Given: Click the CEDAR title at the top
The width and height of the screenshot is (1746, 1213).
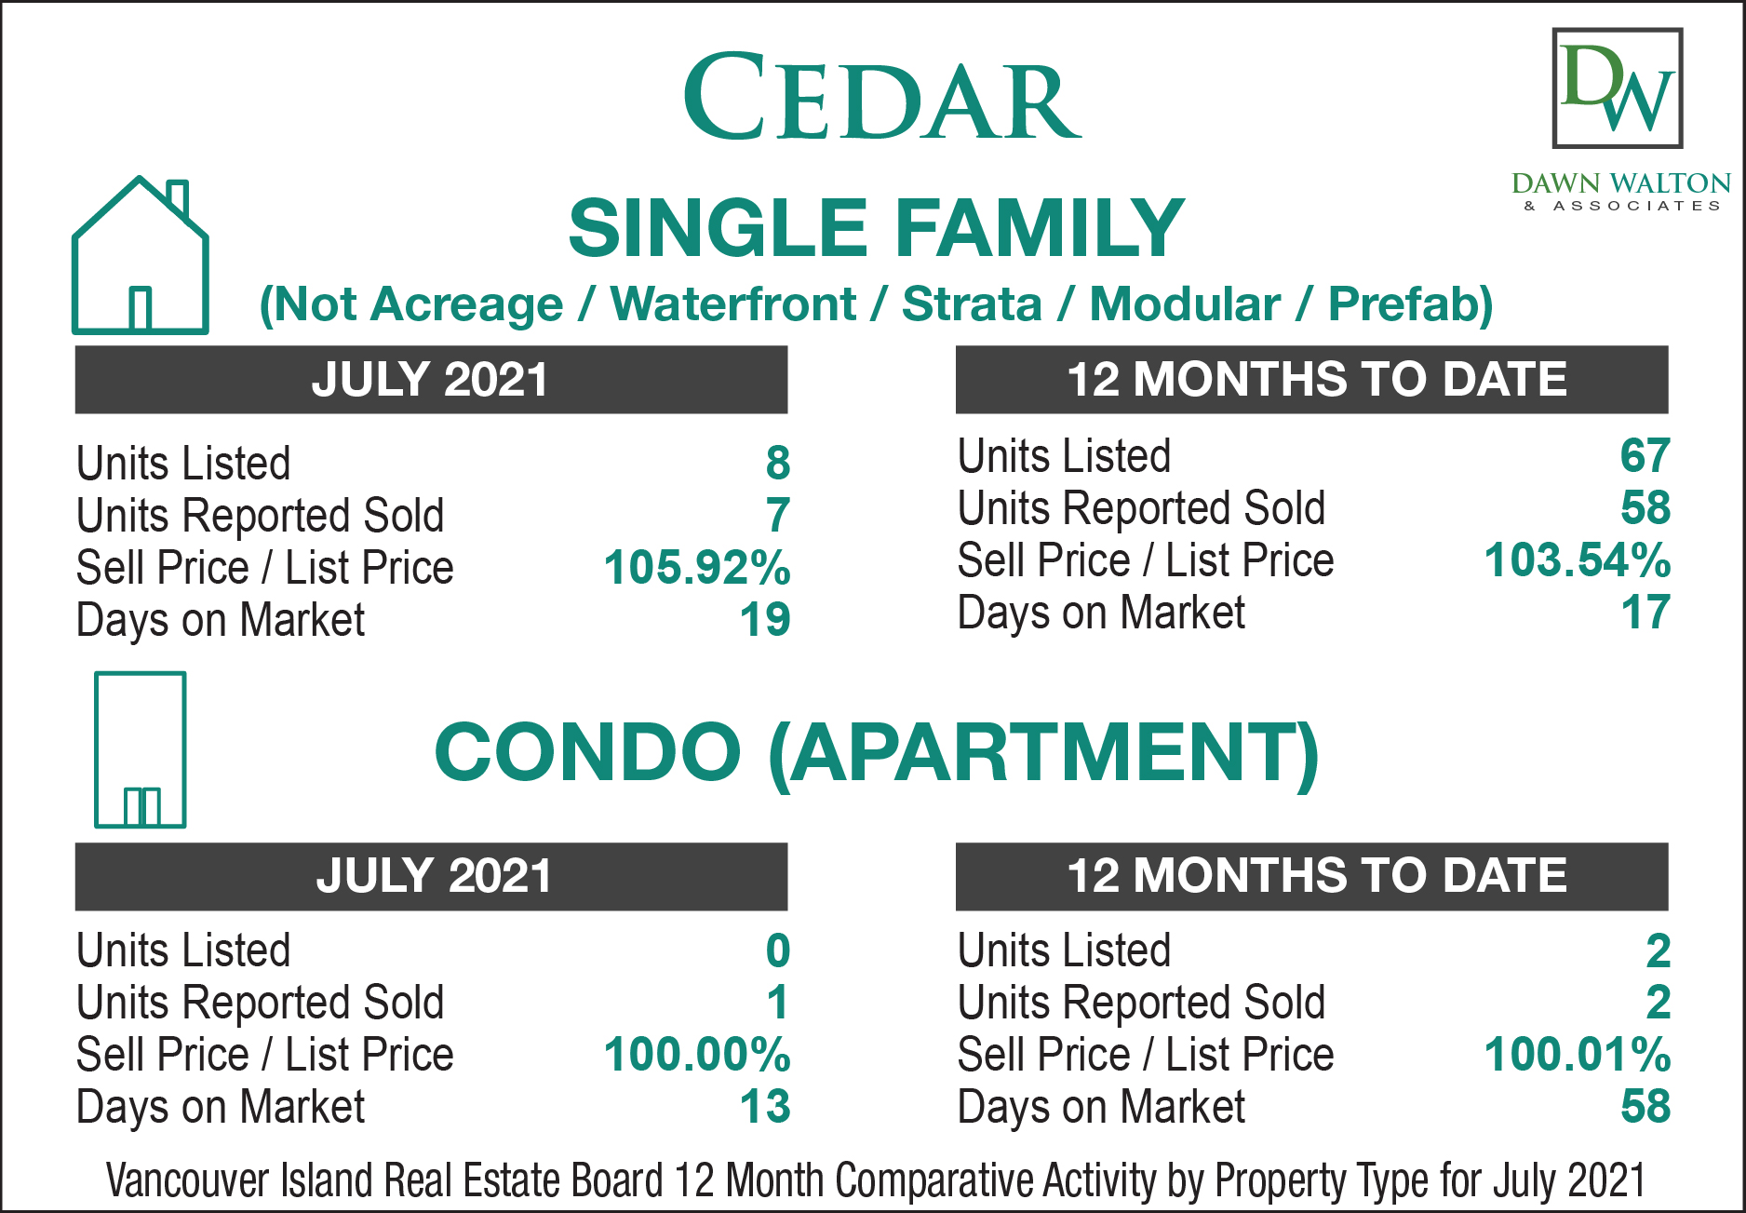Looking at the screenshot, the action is (x=881, y=97).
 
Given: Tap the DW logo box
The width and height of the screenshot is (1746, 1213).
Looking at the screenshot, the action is (x=1618, y=88).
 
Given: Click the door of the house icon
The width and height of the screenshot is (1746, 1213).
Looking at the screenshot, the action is (x=141, y=308).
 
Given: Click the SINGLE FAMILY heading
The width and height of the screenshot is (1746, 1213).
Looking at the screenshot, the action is (x=876, y=228).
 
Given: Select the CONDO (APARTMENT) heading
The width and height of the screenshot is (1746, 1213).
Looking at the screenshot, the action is (x=876, y=752).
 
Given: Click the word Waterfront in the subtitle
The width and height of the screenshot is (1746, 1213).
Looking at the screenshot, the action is (x=732, y=304).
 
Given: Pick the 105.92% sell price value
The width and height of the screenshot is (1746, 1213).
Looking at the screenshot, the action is (x=697, y=567).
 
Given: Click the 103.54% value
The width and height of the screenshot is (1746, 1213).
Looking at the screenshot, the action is (x=1578, y=559).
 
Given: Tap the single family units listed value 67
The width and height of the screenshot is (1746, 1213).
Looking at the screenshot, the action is (x=1645, y=455).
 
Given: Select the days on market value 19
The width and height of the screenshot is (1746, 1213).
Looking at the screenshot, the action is (x=765, y=619).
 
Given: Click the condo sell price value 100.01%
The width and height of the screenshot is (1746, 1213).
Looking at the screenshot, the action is (x=1578, y=1054).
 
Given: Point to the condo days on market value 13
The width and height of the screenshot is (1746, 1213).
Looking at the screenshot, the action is (x=765, y=1106).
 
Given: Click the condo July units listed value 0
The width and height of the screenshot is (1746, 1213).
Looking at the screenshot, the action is (x=778, y=950).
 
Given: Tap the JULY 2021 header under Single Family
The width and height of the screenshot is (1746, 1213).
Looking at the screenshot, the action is (x=430, y=380).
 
